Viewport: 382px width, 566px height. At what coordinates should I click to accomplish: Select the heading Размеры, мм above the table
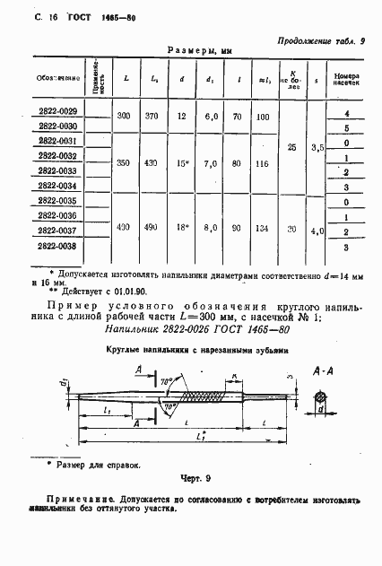[200, 52]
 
